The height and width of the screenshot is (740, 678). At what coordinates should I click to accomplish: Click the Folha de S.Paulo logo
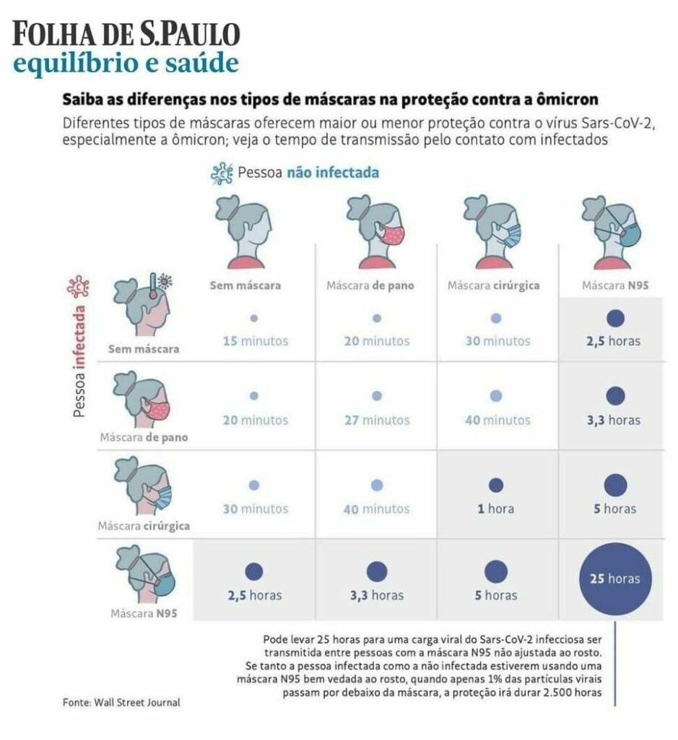click(126, 34)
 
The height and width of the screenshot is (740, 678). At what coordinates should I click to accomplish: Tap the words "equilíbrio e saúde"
click(126, 64)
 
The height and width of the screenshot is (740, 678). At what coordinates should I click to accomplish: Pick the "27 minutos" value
click(376, 420)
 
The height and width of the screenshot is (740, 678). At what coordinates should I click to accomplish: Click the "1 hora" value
click(495, 509)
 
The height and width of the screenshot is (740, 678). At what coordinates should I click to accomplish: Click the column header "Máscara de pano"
click(370, 285)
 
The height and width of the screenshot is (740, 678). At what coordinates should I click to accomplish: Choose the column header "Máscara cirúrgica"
click(493, 285)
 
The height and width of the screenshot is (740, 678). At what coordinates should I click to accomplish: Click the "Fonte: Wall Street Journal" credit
click(121, 702)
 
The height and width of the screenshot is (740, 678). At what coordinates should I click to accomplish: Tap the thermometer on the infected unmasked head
click(154, 285)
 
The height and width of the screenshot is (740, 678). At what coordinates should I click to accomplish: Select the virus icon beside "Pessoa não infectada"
click(221, 173)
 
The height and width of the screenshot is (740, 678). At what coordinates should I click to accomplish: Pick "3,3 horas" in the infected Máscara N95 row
click(376, 595)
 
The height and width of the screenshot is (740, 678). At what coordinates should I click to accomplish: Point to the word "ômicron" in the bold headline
click(571, 98)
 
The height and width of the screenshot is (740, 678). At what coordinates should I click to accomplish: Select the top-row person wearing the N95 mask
click(614, 228)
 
